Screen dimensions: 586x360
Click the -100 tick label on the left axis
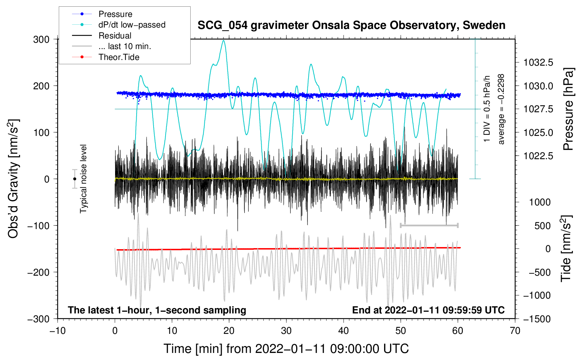[x=38, y=226]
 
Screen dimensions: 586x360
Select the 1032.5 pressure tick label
[x=538, y=62]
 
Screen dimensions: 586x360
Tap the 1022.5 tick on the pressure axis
[x=538, y=156]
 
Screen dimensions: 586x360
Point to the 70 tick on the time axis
[x=515, y=331]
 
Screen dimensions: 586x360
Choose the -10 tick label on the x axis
[x=58, y=331]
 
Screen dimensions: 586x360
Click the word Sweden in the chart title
[x=484, y=25]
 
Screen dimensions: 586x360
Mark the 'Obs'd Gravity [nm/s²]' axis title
[x=13, y=179]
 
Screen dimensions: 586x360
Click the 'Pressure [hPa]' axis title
[x=568, y=109]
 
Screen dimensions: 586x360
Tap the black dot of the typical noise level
[x=74, y=179]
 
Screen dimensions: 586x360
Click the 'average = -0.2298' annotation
[x=501, y=109]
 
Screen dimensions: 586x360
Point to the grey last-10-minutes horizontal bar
[x=429, y=225]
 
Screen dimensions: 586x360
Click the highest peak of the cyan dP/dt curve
[x=223, y=40]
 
